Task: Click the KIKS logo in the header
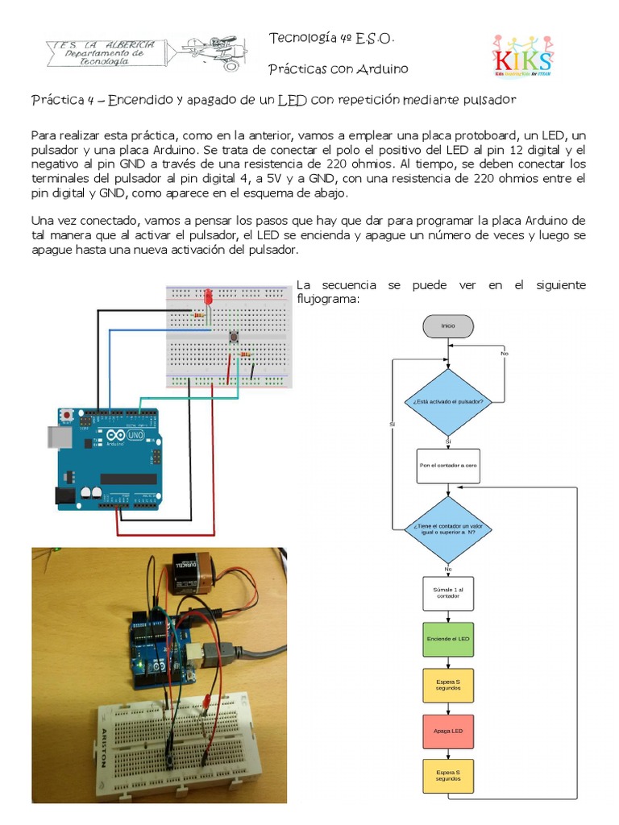pyautogui.click(x=523, y=56)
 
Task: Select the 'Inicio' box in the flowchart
pyautogui.click(x=447, y=325)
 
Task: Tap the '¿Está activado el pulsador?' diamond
pyautogui.click(x=447, y=400)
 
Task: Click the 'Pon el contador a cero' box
pyautogui.click(x=448, y=466)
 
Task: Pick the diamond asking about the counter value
pyautogui.click(x=447, y=529)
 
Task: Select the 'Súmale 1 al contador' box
pyautogui.click(x=448, y=593)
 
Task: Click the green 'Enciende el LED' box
pyautogui.click(x=448, y=639)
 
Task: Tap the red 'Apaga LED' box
pyautogui.click(x=448, y=731)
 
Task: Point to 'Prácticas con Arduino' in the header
pyautogui.click(x=338, y=69)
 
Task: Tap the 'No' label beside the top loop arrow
pyautogui.click(x=505, y=353)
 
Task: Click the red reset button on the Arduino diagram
pyautogui.click(x=69, y=414)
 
